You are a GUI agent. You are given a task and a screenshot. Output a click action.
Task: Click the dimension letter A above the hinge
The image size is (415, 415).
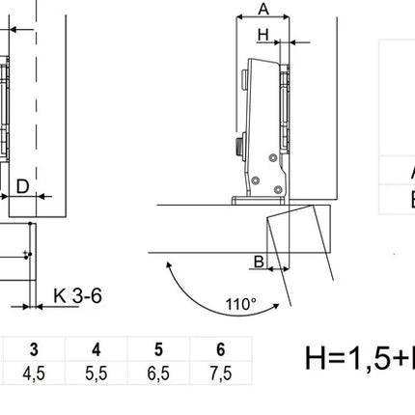click(x=263, y=9)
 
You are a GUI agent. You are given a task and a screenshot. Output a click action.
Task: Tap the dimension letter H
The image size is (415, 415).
click(x=263, y=35)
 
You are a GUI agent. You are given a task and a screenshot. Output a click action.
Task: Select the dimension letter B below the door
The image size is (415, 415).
click(x=259, y=262)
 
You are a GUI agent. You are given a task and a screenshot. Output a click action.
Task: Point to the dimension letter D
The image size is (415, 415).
click(x=22, y=186)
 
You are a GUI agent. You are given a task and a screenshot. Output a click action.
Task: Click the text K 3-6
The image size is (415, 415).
click(x=77, y=295)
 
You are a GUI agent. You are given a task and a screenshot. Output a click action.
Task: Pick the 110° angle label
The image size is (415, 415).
click(x=241, y=304)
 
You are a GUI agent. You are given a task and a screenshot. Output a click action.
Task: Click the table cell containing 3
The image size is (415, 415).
click(x=34, y=349)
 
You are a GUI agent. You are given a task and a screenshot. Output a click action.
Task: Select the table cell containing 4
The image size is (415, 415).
click(x=97, y=349)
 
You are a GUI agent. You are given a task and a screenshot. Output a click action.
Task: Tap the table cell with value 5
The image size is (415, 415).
click(x=158, y=349)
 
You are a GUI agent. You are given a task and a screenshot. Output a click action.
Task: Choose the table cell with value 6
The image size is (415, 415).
click(x=221, y=349)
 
